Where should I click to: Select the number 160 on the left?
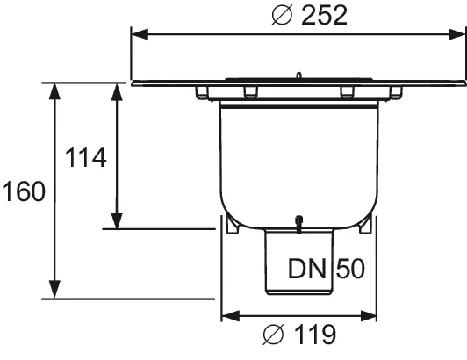[x=24, y=191]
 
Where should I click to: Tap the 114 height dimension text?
[x=86, y=158]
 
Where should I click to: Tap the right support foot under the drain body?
[x=365, y=226]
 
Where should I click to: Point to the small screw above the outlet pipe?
[x=299, y=224]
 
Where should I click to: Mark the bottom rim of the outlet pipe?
[x=299, y=296]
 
